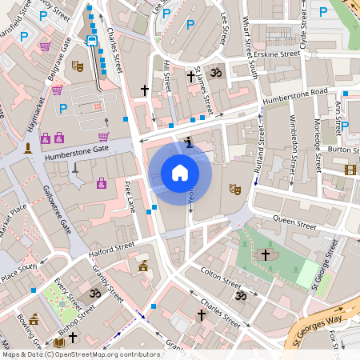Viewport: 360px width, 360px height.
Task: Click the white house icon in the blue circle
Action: tap(180, 173)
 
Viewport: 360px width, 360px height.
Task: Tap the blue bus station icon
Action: tap(92, 39)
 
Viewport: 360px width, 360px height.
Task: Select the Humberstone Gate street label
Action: tap(78, 149)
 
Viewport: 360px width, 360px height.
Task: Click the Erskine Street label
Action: tap(278, 54)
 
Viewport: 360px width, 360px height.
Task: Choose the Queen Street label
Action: tap(294, 220)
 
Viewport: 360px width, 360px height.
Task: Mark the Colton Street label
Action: tap(219, 278)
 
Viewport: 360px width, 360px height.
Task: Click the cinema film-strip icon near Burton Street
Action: tap(350, 169)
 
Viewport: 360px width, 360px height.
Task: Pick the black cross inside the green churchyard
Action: tap(266, 254)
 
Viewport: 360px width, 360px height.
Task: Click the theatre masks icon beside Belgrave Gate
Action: tap(78, 66)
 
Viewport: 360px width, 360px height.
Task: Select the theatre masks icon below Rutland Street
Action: tap(234, 190)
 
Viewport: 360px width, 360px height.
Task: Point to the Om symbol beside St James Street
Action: tap(214, 74)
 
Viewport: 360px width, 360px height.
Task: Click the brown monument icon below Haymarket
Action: tap(29, 148)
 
